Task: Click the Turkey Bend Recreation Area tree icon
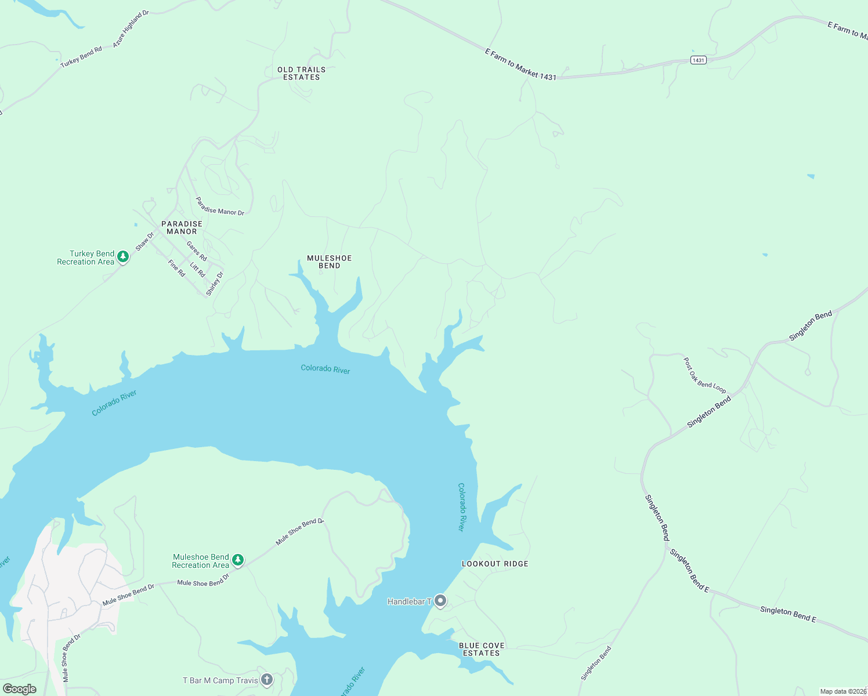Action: click(122, 256)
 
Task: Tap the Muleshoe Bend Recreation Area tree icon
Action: click(237, 560)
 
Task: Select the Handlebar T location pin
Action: click(440, 601)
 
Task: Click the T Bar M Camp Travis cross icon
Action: click(266, 679)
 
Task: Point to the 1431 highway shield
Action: click(699, 60)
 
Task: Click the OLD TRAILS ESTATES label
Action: click(301, 73)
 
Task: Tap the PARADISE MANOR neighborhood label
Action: click(182, 227)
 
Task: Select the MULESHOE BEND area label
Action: click(329, 262)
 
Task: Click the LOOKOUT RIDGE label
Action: click(495, 564)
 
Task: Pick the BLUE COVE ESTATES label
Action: click(482, 649)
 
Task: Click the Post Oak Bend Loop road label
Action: click(704, 375)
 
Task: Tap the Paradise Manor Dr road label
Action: click(219, 206)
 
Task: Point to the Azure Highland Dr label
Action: click(131, 29)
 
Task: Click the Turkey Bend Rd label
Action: click(81, 57)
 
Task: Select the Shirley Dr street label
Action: click(214, 284)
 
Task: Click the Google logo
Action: click(20, 689)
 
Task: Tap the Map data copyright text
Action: click(843, 691)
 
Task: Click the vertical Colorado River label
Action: click(461, 507)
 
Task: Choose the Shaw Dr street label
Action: click(144, 242)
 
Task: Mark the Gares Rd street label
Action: click(196, 251)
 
